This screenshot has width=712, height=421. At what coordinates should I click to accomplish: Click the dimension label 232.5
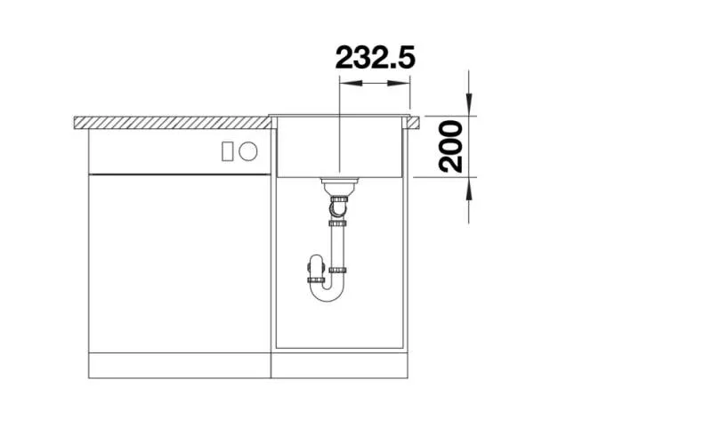(375, 57)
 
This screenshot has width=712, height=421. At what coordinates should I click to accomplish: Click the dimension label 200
(451, 147)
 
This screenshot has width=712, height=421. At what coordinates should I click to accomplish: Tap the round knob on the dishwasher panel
(248, 151)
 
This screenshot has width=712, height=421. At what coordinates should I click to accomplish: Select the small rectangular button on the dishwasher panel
(228, 151)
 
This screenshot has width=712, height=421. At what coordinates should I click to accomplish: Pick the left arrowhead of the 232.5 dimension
(351, 84)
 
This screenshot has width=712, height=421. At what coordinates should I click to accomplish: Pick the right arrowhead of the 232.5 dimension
(399, 84)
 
